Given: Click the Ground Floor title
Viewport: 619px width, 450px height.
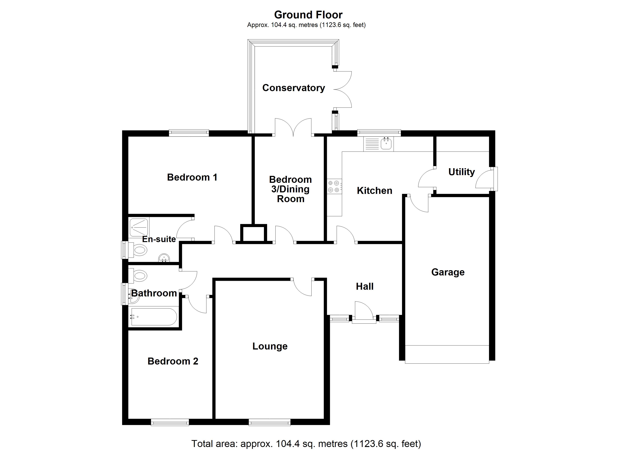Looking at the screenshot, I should pos(308,15).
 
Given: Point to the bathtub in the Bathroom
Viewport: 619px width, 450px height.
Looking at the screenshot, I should pos(154,316).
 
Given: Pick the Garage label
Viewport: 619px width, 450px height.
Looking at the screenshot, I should pos(448,272).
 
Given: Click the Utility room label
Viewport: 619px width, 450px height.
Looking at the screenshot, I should pos(461,172).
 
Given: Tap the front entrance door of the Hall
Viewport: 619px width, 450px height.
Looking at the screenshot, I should pos(364,312).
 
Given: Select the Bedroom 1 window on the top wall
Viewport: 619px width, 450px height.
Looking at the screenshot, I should pos(189,133).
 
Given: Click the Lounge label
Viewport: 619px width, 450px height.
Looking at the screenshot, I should pos(270,346).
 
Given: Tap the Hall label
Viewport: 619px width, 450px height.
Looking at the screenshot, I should pos(365,286).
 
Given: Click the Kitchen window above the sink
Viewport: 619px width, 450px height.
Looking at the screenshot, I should pos(379,133).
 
